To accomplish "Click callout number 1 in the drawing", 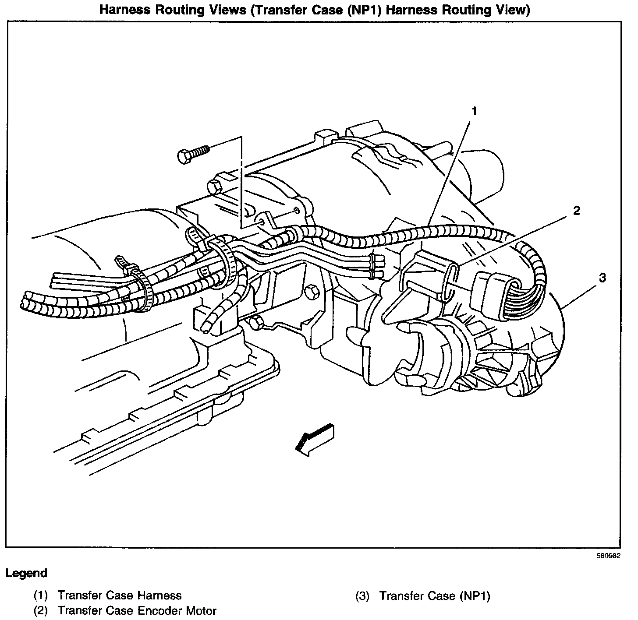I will (473, 112).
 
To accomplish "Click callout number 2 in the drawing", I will (576, 211).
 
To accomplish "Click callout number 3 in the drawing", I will (603, 277).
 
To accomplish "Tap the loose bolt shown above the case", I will (193, 154).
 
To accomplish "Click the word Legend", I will (26, 573).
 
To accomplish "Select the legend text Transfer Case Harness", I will (119, 595).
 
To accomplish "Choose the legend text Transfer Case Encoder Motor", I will (137, 610).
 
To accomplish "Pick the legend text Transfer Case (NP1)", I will (434, 595).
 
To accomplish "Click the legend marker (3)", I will (362, 595).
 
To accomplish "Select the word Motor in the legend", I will (200, 610).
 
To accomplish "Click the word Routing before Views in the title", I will (181, 10).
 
